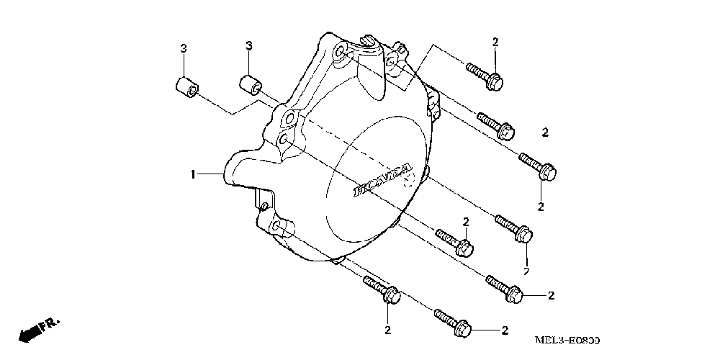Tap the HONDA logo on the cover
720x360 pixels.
382,180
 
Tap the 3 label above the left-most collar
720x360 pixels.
184,48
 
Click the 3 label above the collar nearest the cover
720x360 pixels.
248,46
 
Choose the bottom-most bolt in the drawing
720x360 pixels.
453,323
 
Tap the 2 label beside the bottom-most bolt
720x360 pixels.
504,330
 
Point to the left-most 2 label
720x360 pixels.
387,330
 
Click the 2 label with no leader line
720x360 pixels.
545,132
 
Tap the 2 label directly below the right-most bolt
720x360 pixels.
541,206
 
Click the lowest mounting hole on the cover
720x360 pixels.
278,228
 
